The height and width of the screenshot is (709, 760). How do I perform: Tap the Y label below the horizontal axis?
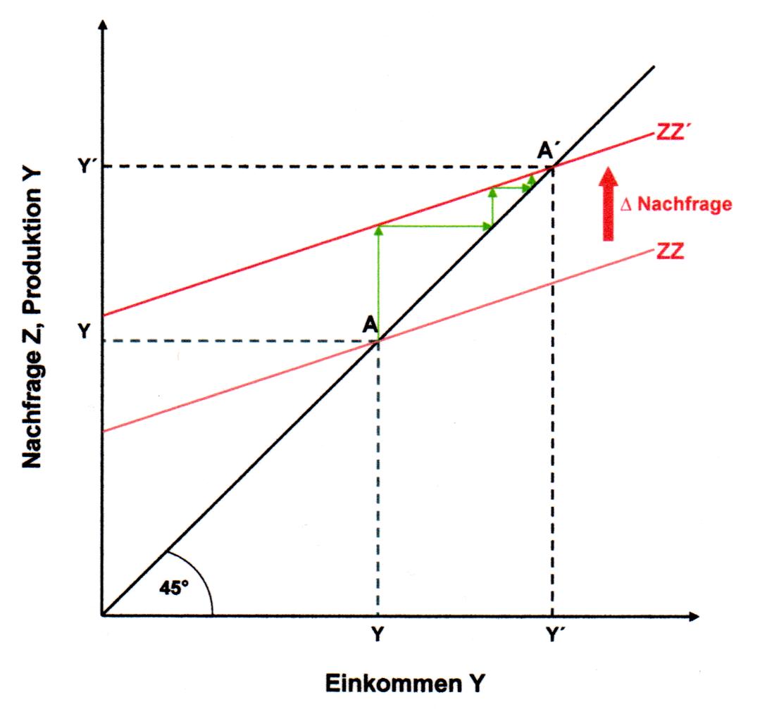pos(378,634)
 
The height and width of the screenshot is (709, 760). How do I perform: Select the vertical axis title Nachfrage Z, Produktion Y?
pos(32,317)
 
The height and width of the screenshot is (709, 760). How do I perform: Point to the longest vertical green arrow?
pos(378,282)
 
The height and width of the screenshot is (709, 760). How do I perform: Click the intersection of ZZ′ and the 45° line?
pos(552,166)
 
